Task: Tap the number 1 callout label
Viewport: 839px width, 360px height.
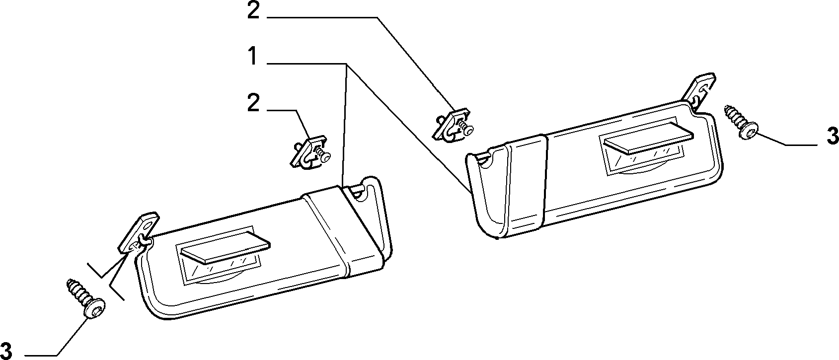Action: pyautogui.click(x=253, y=56)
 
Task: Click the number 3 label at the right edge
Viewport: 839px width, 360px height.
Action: pyautogui.click(x=832, y=136)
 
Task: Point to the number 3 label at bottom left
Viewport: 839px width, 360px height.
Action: pyautogui.click(x=6, y=351)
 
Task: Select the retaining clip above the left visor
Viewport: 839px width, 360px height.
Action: pyautogui.click(x=310, y=151)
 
